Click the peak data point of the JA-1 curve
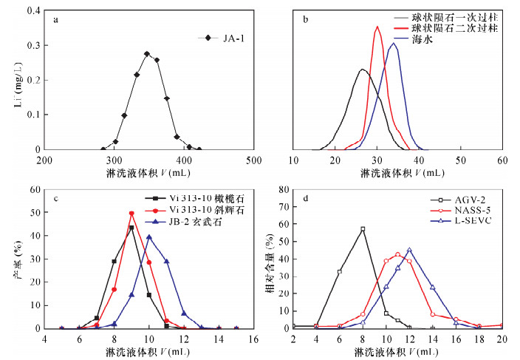pos(147,54)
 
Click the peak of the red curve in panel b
pos(377,27)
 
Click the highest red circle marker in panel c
pos(131,214)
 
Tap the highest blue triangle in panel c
pos(149,237)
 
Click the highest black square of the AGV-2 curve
pos(363,229)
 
